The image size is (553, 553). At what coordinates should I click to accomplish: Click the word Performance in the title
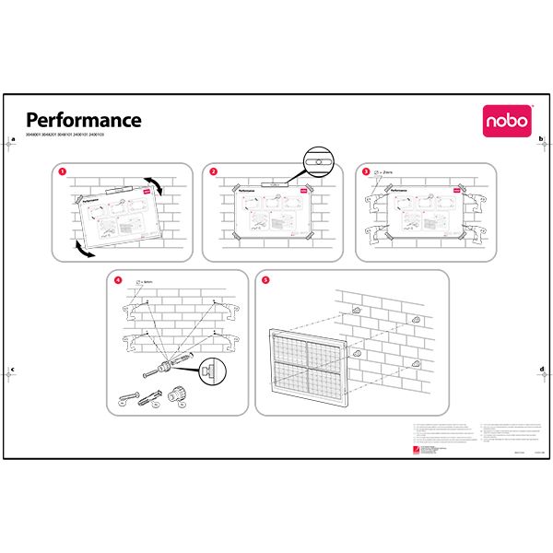point(83,120)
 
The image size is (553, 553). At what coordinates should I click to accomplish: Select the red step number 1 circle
point(62,171)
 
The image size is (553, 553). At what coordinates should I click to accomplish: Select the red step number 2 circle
point(214,171)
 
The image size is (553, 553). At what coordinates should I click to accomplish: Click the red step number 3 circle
point(366,171)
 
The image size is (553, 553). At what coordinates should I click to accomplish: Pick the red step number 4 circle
point(117,279)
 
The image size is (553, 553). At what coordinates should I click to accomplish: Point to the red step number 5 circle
point(266,279)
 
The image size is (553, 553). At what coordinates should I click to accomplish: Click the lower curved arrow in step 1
point(83,250)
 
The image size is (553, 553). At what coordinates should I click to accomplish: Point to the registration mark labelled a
point(11,143)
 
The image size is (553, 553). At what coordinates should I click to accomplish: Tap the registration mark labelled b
point(542,143)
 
